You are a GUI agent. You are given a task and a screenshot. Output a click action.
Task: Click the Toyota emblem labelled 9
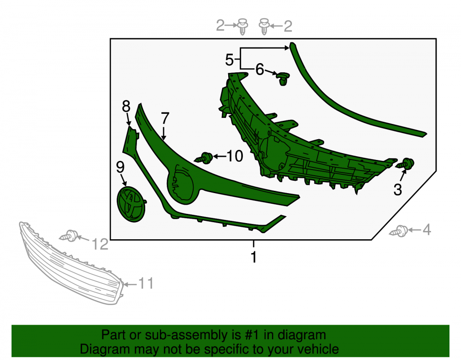pos(131,204)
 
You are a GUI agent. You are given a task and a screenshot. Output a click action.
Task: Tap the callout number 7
pos(165,118)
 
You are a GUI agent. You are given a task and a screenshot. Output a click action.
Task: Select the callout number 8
pos(126,106)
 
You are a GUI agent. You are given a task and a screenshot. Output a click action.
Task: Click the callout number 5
pos(229,60)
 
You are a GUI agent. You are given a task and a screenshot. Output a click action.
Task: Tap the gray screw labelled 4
pos(398,231)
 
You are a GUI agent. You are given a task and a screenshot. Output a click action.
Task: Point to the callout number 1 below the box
pos(254,257)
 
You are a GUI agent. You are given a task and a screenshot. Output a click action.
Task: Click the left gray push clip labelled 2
pos(242,26)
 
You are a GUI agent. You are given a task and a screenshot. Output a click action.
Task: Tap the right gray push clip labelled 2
pos(264,26)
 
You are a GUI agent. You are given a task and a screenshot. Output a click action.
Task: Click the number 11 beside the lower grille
pos(146,283)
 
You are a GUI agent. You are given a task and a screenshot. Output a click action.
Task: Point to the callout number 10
pos(235,156)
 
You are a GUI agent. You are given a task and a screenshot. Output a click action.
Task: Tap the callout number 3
pos(398,190)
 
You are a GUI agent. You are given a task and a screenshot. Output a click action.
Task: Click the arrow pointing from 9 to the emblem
pos(124,180)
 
